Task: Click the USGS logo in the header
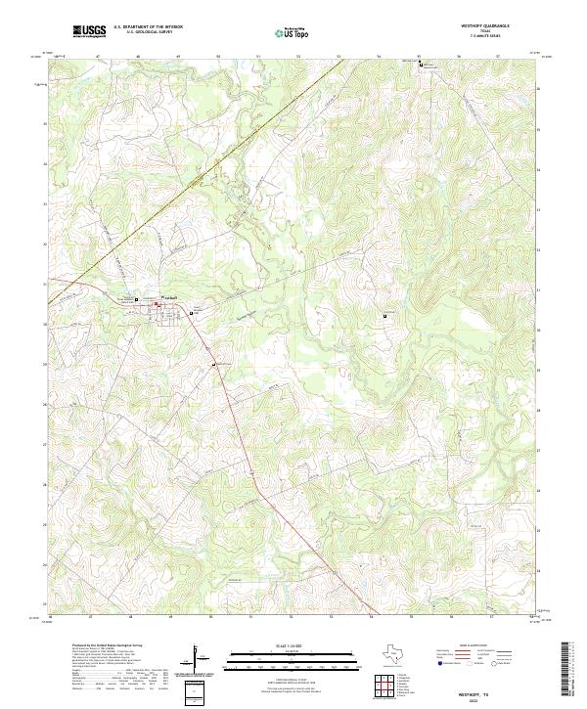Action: (x=89, y=31)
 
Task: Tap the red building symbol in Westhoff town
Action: (x=157, y=304)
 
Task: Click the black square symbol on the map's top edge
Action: (x=422, y=64)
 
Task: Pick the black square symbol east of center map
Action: (x=384, y=315)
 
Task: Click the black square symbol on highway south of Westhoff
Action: (x=214, y=365)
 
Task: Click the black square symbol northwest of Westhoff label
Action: (x=136, y=299)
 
